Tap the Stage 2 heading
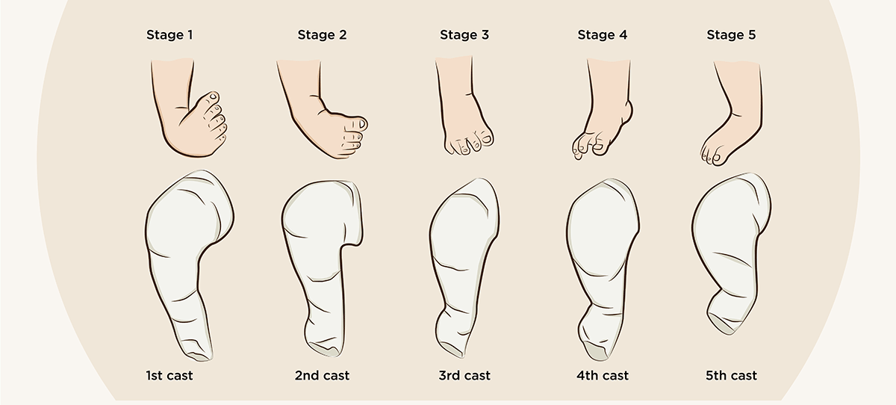(322, 34)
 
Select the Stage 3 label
(464, 34)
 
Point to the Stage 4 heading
(602, 34)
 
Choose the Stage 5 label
(732, 34)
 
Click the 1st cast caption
(169, 375)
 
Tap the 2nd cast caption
(322, 375)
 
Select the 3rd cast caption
(464, 375)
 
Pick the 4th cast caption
(602, 375)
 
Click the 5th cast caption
(732, 375)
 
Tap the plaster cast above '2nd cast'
(317, 247)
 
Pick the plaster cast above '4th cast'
(601, 247)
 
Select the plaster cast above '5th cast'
(728, 239)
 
